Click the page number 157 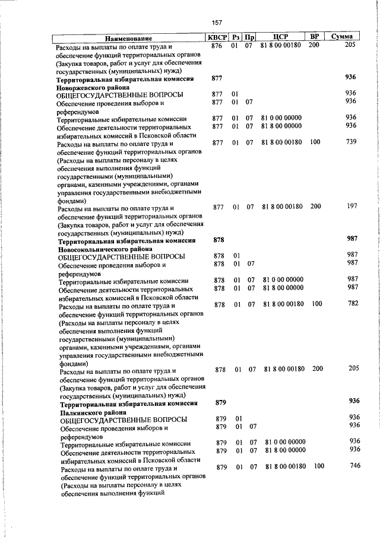(217, 23)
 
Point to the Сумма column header (342, 37)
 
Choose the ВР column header (315, 37)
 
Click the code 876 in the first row (217, 46)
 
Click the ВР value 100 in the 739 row (315, 142)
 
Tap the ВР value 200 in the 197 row (315, 206)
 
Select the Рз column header (236, 37)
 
